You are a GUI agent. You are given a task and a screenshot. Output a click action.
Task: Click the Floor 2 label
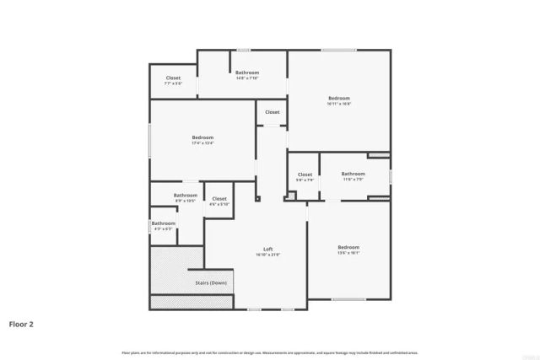(x=21, y=324)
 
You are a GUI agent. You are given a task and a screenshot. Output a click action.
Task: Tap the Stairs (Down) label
(x=211, y=282)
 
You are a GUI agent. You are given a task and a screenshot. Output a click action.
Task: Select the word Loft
(x=267, y=249)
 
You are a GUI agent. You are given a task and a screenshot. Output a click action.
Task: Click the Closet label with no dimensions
(x=273, y=112)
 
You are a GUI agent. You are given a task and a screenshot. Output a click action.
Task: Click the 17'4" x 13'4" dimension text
(x=202, y=143)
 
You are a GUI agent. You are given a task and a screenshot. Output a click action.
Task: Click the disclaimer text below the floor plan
(x=270, y=352)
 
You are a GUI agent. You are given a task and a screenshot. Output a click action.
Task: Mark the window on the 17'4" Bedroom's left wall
(x=150, y=140)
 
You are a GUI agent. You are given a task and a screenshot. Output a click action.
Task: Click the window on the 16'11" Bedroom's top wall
(x=337, y=50)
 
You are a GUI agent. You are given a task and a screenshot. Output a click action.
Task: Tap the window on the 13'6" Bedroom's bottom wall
(x=348, y=299)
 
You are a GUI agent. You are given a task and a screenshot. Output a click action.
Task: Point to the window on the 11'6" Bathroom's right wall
(x=391, y=175)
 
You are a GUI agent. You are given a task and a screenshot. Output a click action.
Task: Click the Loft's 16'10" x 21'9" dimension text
(x=267, y=255)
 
